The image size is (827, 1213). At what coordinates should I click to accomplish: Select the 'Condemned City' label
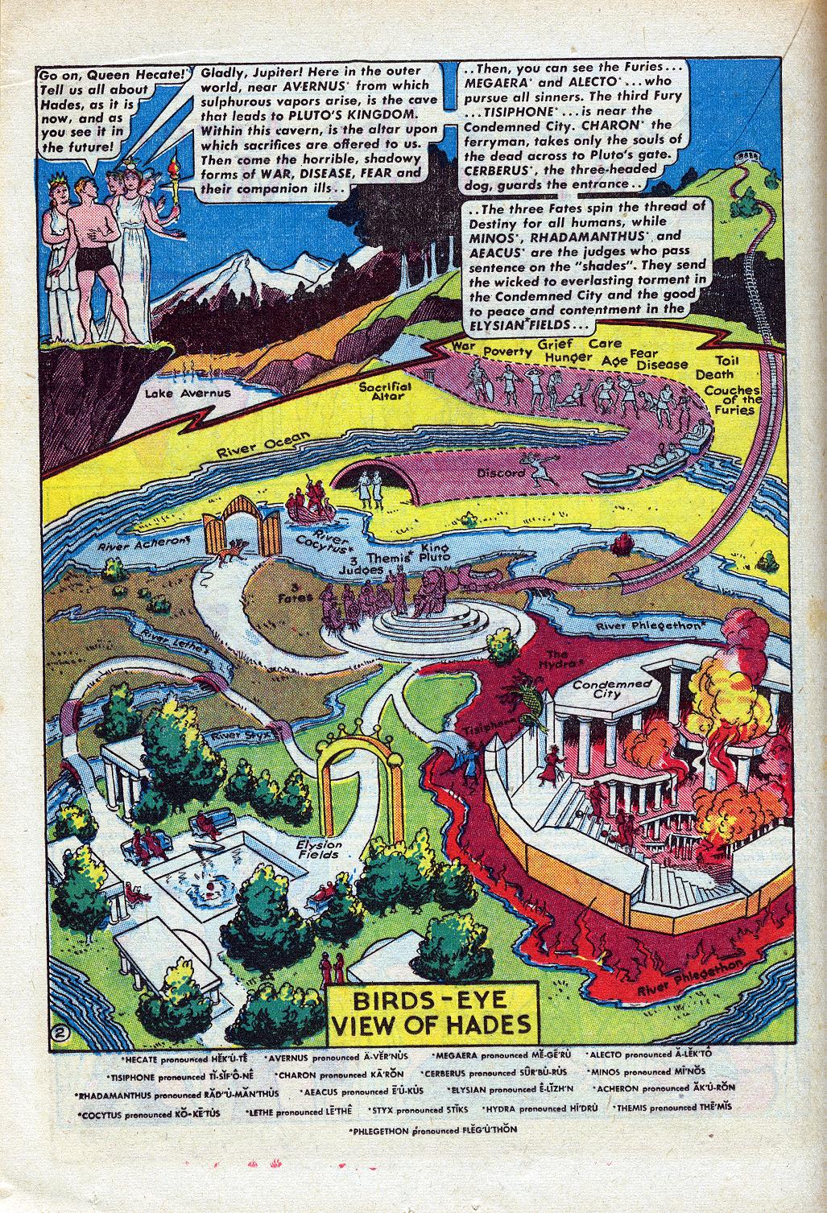(619, 687)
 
